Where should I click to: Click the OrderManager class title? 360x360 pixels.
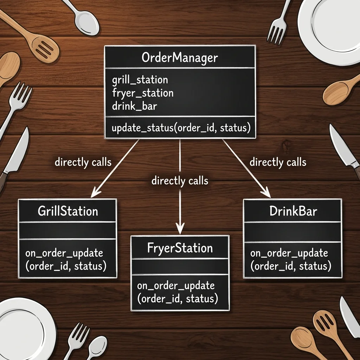(180, 58)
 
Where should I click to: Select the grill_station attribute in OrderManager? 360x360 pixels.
(140, 80)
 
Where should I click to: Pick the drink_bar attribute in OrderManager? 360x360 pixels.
(135, 106)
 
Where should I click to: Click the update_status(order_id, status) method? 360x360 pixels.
(181, 128)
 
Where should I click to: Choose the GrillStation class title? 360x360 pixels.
(68, 211)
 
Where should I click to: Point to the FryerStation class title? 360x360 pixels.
(180, 248)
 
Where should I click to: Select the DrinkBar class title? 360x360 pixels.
(293, 211)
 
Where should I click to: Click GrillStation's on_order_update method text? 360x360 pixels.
(66, 260)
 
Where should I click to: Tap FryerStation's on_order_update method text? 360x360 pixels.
(178, 292)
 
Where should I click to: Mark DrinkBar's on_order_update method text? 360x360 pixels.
(291, 260)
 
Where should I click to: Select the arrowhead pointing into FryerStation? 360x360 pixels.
(180, 229)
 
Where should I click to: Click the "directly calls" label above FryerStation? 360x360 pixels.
(180, 181)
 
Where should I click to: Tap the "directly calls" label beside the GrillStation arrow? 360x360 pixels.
(83, 162)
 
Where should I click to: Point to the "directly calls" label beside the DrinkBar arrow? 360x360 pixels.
(278, 162)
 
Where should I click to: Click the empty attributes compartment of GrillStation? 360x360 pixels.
(67, 231)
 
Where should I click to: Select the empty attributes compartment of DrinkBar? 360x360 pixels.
(293, 232)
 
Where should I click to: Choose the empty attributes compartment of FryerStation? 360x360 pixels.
(180, 266)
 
